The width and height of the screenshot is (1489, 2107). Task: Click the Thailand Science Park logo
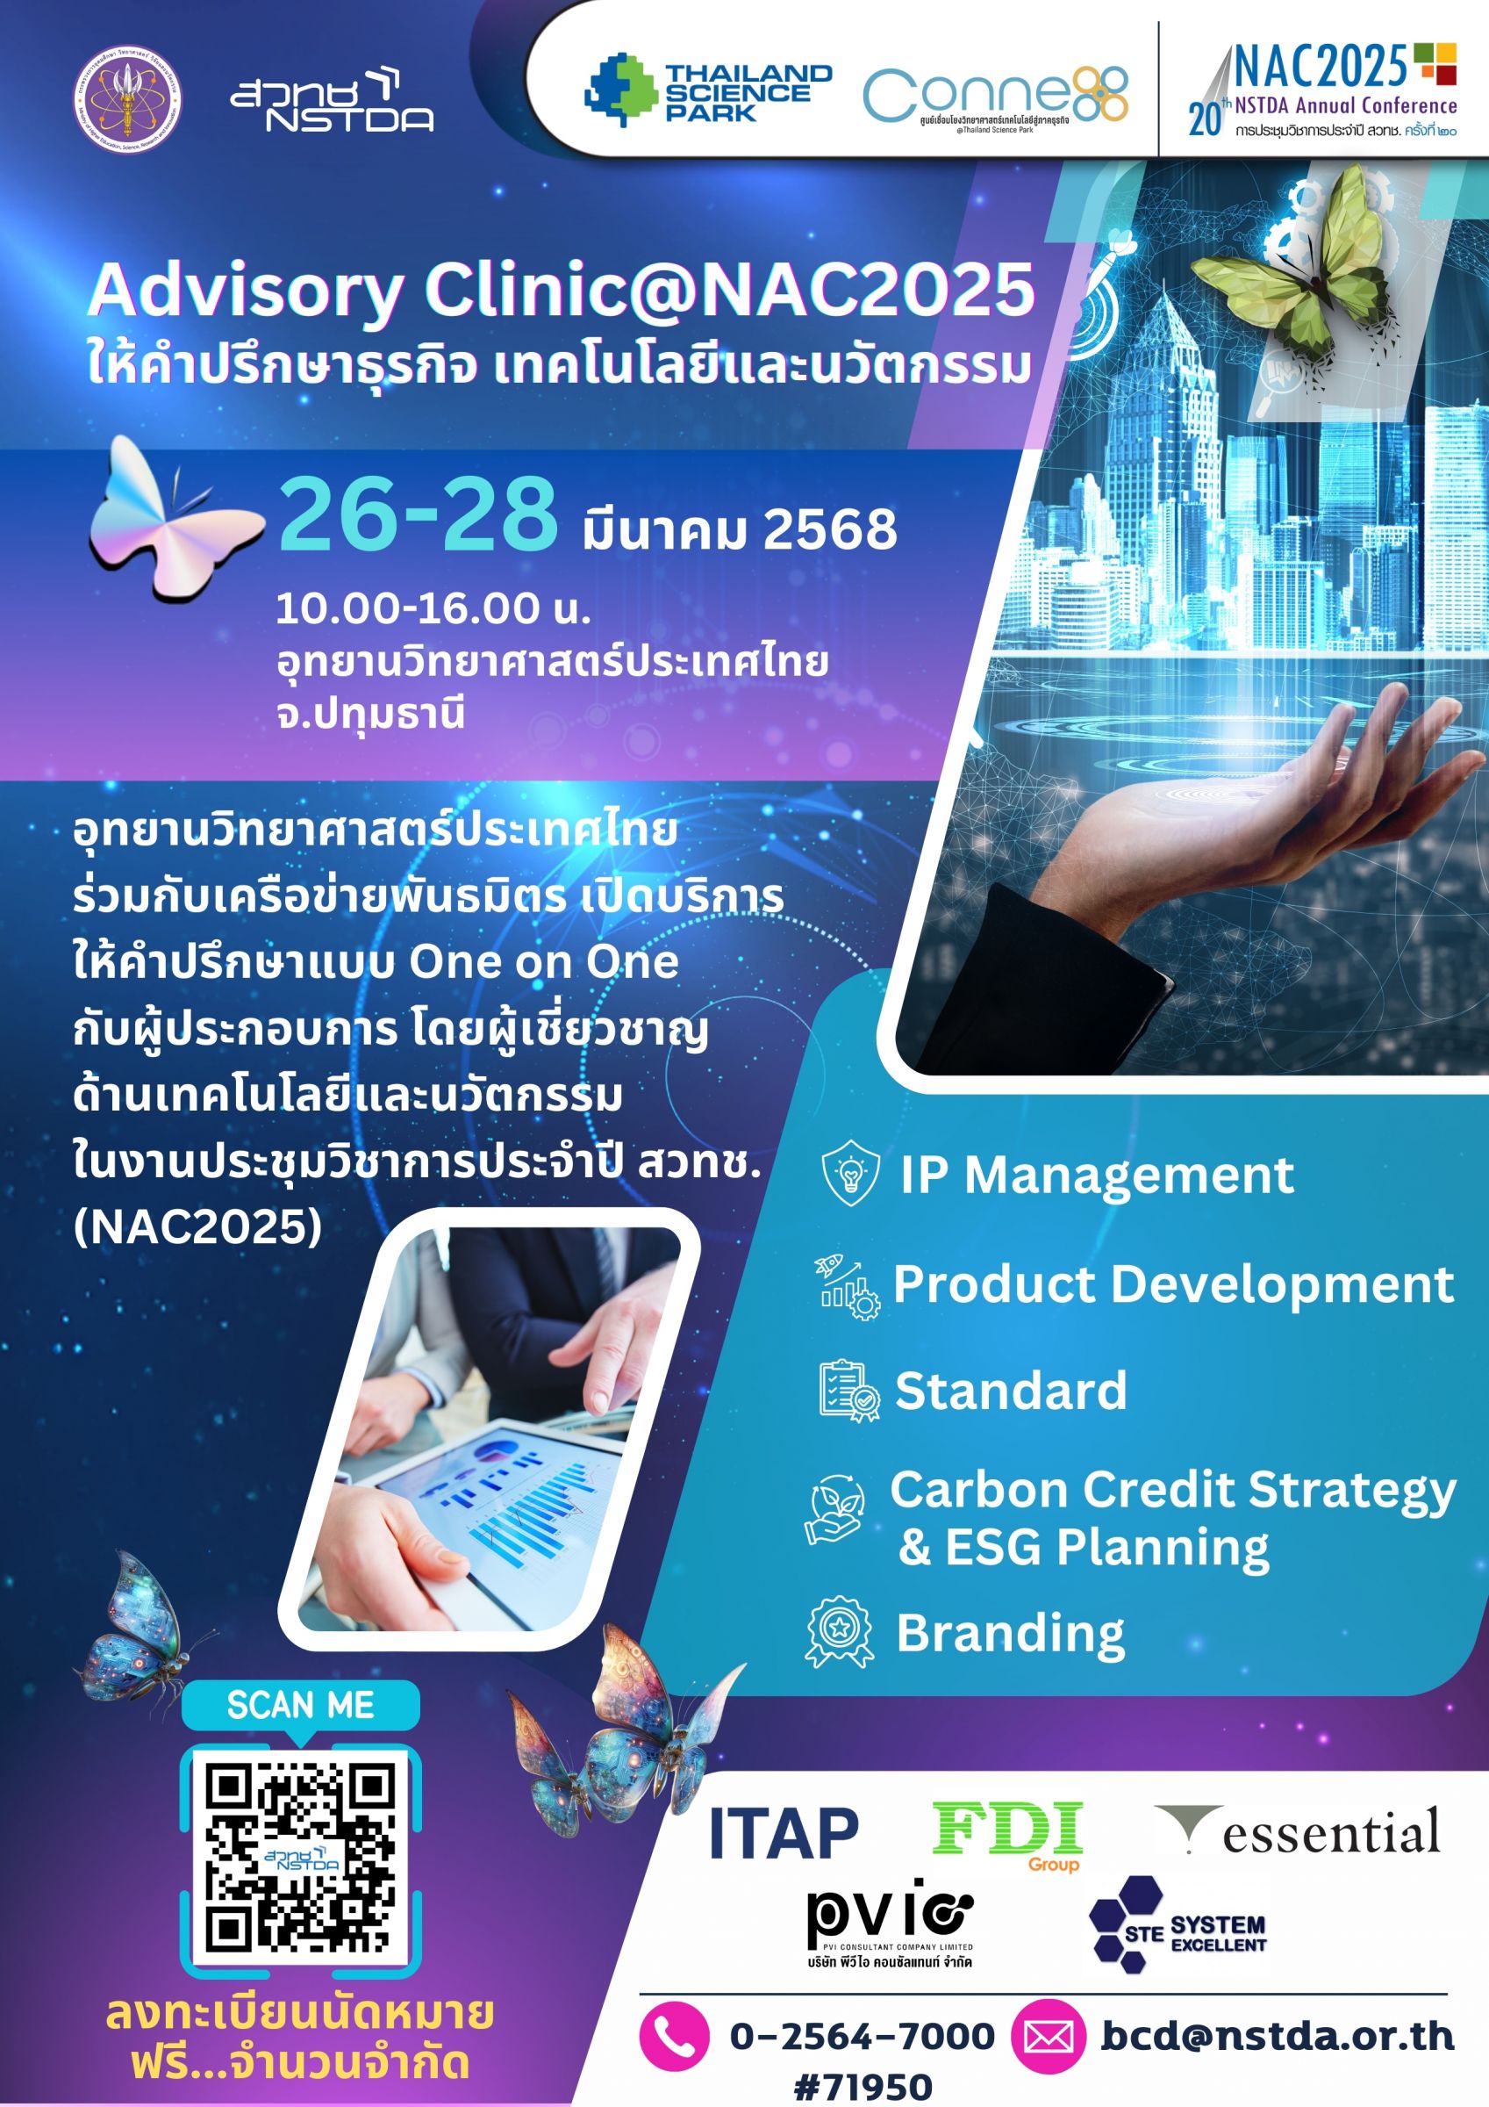(707, 90)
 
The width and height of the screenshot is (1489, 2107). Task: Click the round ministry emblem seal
(127, 100)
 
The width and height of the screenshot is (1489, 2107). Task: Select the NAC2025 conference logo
(1323, 90)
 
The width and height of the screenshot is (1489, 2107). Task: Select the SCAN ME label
(300, 1704)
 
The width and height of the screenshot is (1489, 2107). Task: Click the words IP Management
(1096, 1175)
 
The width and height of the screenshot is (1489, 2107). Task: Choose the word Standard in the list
(1010, 1391)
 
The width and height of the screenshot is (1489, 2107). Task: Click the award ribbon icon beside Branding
(839, 1632)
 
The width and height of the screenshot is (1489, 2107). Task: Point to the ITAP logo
(784, 1832)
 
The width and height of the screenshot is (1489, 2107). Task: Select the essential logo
(1299, 1831)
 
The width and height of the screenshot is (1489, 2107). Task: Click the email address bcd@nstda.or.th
(1277, 2035)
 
